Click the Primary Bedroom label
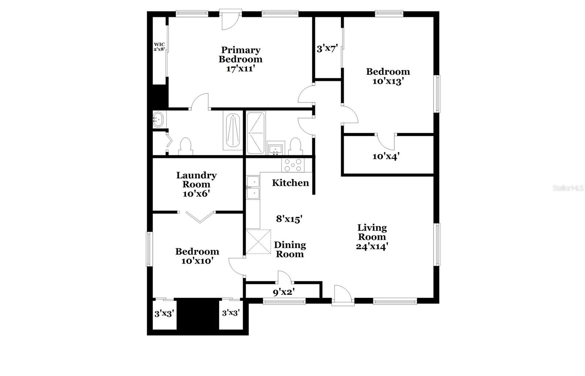click(241, 59)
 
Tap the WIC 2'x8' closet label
click(159, 47)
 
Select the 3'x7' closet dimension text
click(327, 49)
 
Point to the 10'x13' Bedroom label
click(388, 76)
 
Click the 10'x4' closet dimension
click(386, 156)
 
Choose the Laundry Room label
click(196, 184)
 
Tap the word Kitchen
click(290, 183)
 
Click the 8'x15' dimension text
click(289, 219)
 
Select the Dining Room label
click(290, 250)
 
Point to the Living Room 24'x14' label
click(372, 237)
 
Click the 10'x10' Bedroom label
click(197, 256)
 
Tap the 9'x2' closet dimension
click(284, 292)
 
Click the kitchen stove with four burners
click(293, 165)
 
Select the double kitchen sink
click(253, 187)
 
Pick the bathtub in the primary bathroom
click(233, 130)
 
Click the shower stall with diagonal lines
click(256, 133)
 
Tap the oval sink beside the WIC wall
click(158, 119)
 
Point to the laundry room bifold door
click(200, 217)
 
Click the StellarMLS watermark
click(568, 188)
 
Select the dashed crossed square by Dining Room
click(258, 242)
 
